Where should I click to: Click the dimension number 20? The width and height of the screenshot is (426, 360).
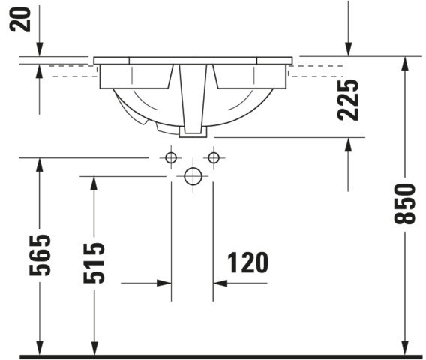click(x=19, y=19)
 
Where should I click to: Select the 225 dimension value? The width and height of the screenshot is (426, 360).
click(x=348, y=100)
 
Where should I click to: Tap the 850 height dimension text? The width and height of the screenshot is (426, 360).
click(x=405, y=204)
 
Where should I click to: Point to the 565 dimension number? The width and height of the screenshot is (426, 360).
click(x=40, y=255)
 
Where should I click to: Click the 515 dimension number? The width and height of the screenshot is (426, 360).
click(x=94, y=262)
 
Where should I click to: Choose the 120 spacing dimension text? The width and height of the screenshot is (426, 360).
click(x=247, y=262)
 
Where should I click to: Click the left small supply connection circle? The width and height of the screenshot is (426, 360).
click(x=171, y=157)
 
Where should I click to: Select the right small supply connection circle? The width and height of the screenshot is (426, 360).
click(x=214, y=157)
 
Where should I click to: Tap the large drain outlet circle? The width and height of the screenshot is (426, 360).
click(x=193, y=176)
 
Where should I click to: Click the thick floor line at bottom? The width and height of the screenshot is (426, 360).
click(x=220, y=357)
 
